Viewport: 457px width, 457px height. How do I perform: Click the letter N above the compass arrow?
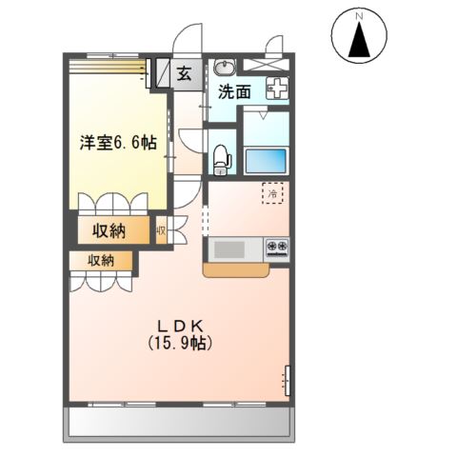pyautogui.click(x=360, y=16)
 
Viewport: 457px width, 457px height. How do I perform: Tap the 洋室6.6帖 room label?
pyautogui.click(x=117, y=143)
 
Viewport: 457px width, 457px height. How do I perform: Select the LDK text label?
pyautogui.click(x=176, y=326)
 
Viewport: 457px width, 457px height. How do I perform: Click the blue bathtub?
pyautogui.click(x=268, y=160)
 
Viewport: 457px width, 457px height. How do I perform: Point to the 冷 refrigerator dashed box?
pyautogui.click(x=272, y=193)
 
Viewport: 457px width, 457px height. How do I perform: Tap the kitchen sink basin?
pyautogui.click(x=228, y=249)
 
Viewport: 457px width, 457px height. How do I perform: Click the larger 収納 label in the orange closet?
pyautogui.click(x=111, y=230)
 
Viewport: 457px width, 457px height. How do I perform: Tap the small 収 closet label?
pyautogui.click(x=162, y=230)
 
